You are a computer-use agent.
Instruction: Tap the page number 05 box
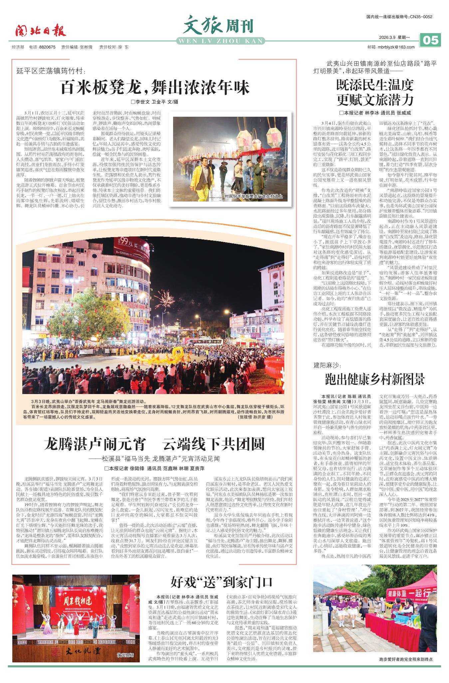[x=430, y=40]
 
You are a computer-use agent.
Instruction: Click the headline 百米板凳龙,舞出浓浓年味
[x=154, y=87]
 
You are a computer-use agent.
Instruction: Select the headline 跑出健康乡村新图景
[x=375, y=379]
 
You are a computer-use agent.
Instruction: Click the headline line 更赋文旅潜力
[x=375, y=99]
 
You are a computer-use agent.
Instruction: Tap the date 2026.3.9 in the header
[x=387, y=37]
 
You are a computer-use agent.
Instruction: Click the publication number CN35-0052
[x=421, y=17]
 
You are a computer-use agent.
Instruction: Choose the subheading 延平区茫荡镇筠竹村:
[x=51, y=70]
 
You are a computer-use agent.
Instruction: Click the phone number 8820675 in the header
[x=47, y=47]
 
